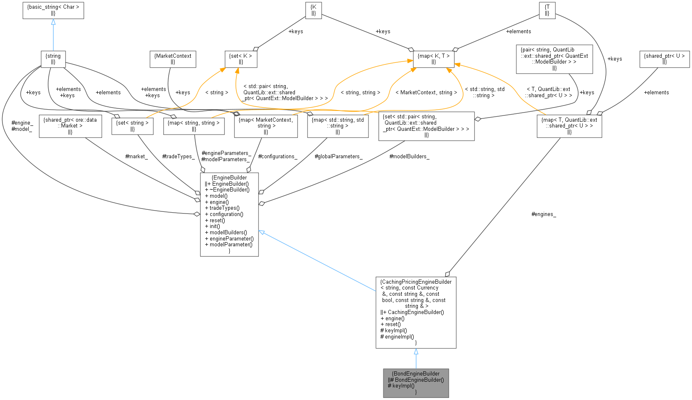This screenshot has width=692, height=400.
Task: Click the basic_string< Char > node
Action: [x=53, y=10]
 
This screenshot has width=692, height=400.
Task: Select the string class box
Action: [x=53, y=59]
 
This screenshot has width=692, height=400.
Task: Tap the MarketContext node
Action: [x=172, y=59]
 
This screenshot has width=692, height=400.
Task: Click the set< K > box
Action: [x=241, y=59]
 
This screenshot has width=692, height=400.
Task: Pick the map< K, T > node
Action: [x=434, y=59]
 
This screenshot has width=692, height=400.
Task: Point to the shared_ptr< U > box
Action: [x=664, y=59]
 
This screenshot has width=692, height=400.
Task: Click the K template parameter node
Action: [x=314, y=10]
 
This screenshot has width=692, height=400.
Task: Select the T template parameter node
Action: [x=547, y=10]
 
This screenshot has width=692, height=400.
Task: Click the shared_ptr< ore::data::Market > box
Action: [x=70, y=126]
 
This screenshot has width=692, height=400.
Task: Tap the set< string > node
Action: [x=132, y=126]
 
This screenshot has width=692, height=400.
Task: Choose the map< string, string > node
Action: [x=194, y=126]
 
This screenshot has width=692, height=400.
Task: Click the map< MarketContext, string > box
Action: [x=266, y=126]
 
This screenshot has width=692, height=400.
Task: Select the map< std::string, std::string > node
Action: [x=338, y=126]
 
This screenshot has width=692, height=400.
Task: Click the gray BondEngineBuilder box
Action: [x=416, y=383]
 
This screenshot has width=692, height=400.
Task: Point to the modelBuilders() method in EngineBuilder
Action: [x=228, y=233]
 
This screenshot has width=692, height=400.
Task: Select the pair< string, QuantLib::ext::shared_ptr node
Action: [x=554, y=59]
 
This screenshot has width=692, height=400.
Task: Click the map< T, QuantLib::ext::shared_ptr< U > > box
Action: [x=569, y=126]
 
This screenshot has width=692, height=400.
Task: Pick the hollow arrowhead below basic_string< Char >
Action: [x=53, y=22]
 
